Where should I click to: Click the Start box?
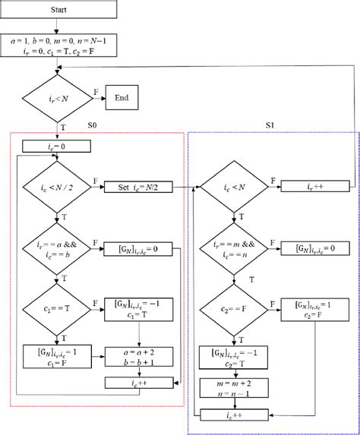tap(58, 9)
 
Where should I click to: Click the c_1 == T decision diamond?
tap(58, 309)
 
